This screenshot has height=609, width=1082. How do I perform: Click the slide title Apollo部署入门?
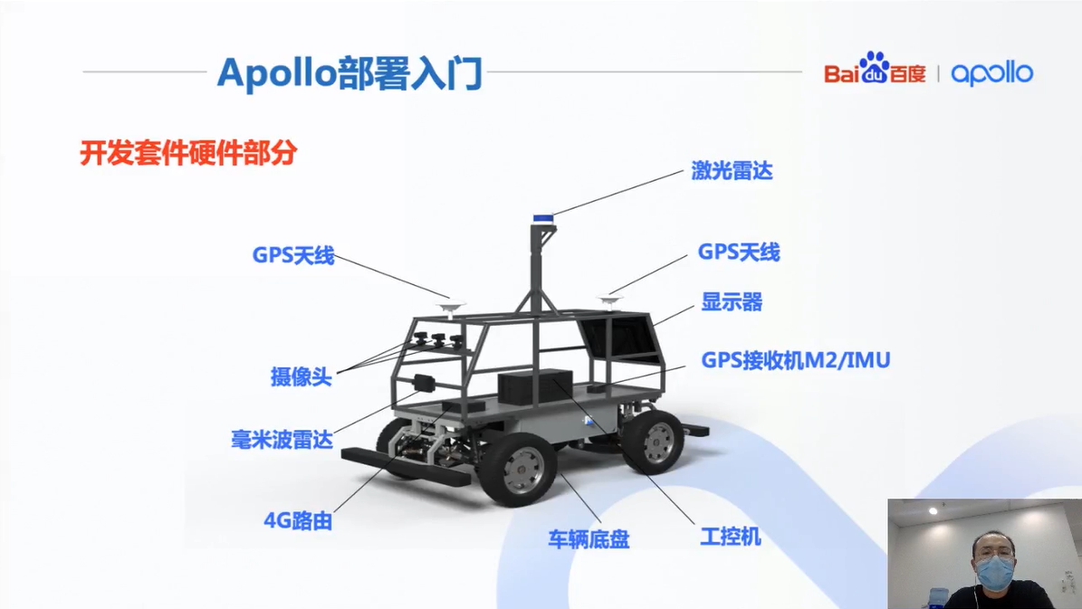(349, 72)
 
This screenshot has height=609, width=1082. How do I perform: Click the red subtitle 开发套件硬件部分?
(188, 153)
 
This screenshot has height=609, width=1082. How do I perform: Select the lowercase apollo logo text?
(991, 73)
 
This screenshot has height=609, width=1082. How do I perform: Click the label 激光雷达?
(732, 170)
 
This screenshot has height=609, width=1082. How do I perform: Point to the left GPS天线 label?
(293, 256)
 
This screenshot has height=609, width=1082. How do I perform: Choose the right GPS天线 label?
(738, 252)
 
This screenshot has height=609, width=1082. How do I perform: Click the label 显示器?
(732, 302)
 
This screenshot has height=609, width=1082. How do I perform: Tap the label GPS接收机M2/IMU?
(796, 360)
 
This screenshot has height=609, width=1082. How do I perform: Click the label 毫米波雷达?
(282, 441)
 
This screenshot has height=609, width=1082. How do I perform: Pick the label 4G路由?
(298, 521)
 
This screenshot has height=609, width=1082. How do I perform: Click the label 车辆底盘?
(589, 540)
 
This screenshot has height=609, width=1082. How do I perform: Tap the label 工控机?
(730, 537)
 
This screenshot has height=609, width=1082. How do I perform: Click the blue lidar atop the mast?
(542, 218)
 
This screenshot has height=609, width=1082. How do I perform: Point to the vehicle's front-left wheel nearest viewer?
(517, 468)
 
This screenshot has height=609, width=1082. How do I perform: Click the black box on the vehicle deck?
(535, 386)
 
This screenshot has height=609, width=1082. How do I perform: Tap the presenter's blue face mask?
(994, 571)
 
